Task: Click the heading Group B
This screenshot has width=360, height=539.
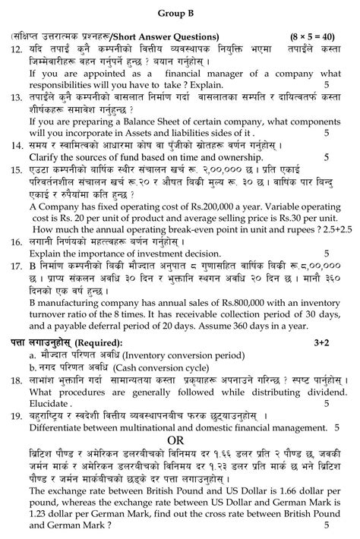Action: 179,13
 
